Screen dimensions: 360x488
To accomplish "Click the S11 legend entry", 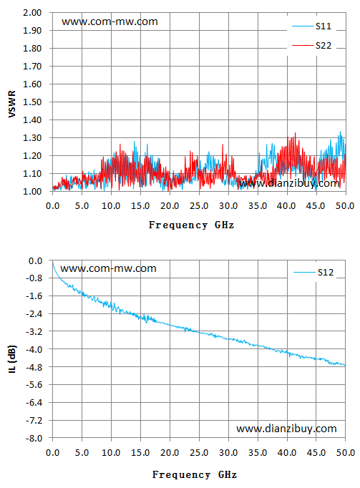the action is tap(312, 26).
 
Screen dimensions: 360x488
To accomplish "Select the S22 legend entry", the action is tap(312, 46).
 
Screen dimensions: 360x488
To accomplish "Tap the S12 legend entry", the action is tap(313, 273).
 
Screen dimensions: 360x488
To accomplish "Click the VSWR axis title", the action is tap(12, 104).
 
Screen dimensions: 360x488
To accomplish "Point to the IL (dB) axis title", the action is tap(12, 358).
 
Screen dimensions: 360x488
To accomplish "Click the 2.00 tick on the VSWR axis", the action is tap(32, 13).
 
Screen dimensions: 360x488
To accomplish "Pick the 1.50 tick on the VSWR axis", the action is tap(32, 102).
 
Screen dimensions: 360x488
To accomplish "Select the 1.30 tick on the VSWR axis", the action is tap(32, 138).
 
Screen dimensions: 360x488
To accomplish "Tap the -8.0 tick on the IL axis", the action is tap(34, 438).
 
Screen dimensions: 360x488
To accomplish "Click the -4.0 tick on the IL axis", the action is tap(34, 349).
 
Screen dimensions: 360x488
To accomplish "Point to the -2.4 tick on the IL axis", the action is tap(34, 313).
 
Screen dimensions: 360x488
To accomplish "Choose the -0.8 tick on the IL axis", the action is tap(34, 278).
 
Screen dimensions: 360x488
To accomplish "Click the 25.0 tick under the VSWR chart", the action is tap(199, 206).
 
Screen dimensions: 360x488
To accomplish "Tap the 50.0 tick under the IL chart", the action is tap(346, 452).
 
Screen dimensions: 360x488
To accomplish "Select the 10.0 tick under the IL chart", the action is tap(111, 452).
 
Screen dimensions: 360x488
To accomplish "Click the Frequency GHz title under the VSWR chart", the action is tap(191, 225).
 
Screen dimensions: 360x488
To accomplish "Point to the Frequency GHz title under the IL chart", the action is tap(195, 474).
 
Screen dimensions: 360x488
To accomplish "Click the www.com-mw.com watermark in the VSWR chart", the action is tap(110, 21).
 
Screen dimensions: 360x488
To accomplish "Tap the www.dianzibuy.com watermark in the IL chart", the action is tap(286, 429).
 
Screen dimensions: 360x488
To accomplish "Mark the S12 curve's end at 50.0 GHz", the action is tap(346, 366).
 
